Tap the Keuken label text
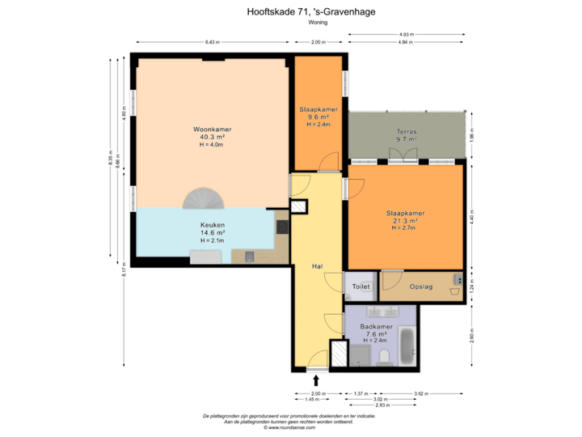pos(213,225)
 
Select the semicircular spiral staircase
pos(199,198)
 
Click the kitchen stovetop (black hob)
pos(282,227)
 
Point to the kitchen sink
pos(249,257)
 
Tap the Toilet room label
pos(361,286)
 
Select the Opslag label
pos(421,286)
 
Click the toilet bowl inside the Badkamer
pos(385,356)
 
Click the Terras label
pos(406,130)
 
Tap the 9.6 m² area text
pos(318,117)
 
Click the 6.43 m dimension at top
pos(213,41)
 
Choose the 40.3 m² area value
pos(212,137)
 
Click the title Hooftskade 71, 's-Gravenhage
pos(311,12)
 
